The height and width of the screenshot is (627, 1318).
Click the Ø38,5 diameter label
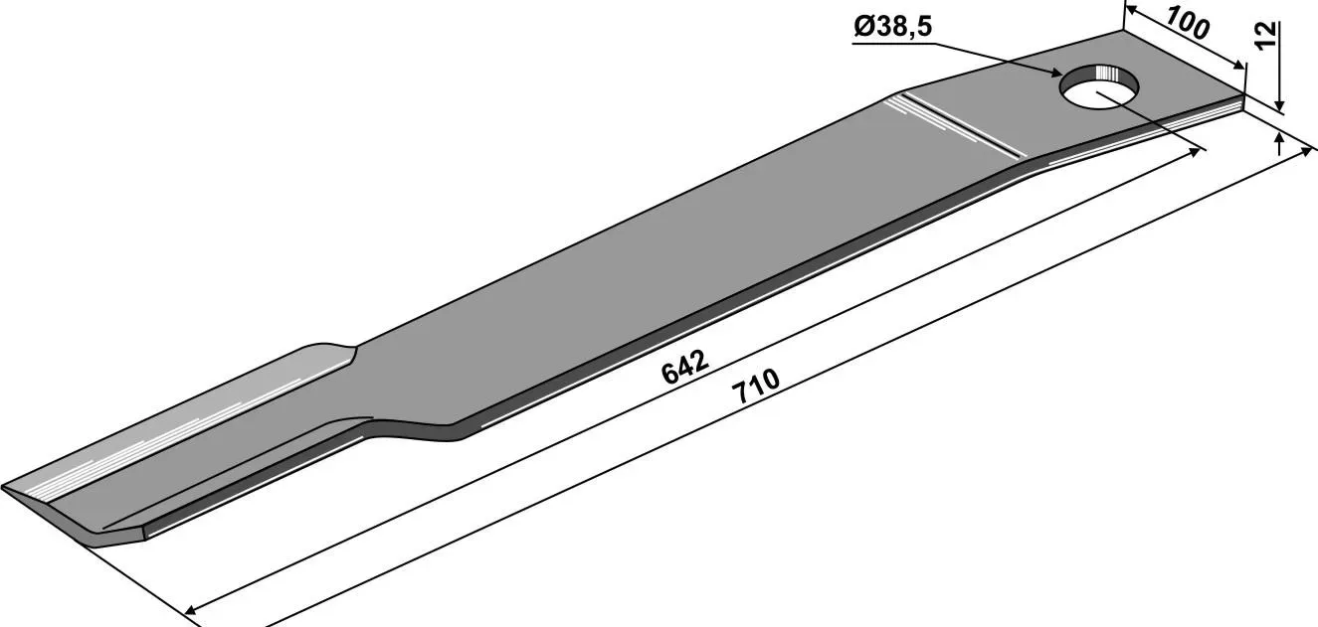pos(892,27)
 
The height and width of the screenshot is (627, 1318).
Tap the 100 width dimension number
pos(1188,24)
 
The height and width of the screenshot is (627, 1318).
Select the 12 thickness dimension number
pos(1265,37)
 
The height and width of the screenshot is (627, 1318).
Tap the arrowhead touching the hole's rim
pos(1057,74)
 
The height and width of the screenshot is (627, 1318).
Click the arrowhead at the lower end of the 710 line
pos(191,611)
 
